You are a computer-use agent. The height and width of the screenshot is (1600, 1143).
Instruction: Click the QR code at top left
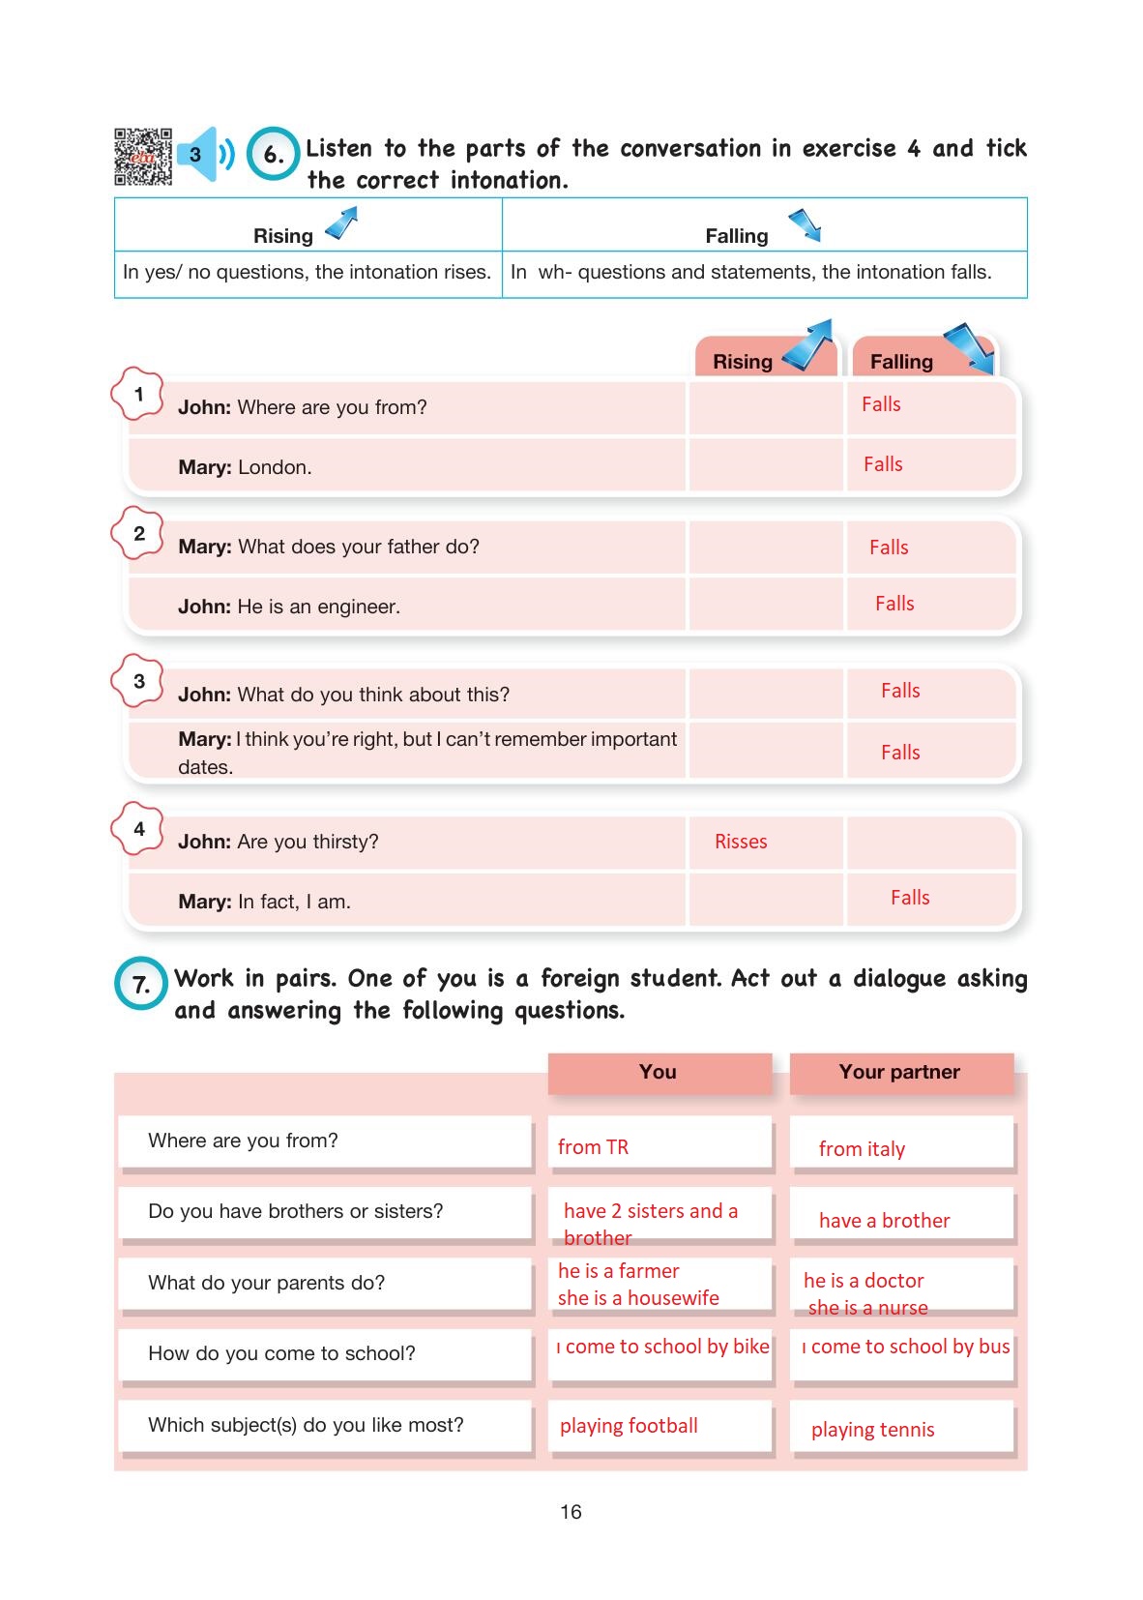pyautogui.click(x=143, y=156)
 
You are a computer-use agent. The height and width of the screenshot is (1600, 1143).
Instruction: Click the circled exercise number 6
pyautogui.click(x=274, y=155)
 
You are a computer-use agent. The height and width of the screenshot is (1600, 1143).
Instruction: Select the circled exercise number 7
pyautogui.click(x=141, y=985)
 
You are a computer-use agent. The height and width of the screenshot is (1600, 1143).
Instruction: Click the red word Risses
pyautogui.click(x=741, y=842)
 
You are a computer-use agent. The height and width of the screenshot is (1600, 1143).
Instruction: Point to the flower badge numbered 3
pyautogui.click(x=138, y=681)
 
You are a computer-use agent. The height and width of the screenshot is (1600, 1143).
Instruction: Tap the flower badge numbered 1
pyautogui.click(x=138, y=394)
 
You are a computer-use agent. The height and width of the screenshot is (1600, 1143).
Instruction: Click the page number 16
pyautogui.click(x=571, y=1512)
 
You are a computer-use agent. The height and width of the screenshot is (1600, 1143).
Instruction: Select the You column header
pyautogui.click(x=659, y=1072)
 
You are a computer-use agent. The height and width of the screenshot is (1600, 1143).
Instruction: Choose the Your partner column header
pyautogui.click(x=900, y=1072)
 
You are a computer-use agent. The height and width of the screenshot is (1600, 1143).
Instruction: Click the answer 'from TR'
pyautogui.click(x=593, y=1147)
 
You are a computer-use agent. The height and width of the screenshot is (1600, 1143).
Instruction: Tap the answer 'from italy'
pyautogui.click(x=862, y=1149)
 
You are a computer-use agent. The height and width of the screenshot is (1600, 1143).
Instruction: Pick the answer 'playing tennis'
pyautogui.click(x=872, y=1430)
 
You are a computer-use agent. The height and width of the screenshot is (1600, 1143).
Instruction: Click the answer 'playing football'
pyautogui.click(x=629, y=1426)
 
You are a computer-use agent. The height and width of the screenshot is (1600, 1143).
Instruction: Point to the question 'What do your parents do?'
pyautogui.click(x=266, y=1283)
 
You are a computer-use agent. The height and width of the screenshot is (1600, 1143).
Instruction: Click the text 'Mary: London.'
pyautogui.click(x=245, y=467)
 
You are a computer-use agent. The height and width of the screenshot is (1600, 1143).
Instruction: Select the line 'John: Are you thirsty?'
pyautogui.click(x=278, y=842)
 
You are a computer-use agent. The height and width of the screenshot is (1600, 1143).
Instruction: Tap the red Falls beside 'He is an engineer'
pyautogui.click(x=894, y=604)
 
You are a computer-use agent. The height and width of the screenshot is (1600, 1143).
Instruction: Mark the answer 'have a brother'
pyautogui.click(x=884, y=1221)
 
